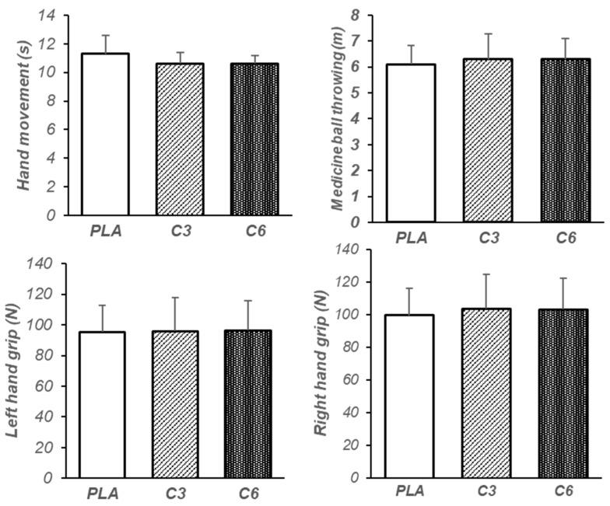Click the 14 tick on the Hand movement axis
(x=50, y=16)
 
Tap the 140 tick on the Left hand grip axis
(x=43, y=264)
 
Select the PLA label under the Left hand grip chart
(x=103, y=493)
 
